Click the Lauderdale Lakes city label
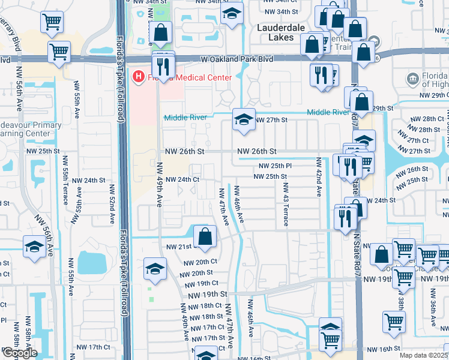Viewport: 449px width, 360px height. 281,32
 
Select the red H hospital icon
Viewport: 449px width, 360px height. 139,77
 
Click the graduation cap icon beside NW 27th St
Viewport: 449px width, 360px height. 243,119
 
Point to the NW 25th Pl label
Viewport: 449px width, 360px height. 275,166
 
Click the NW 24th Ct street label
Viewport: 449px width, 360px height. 182,179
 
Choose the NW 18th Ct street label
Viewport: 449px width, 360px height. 204,306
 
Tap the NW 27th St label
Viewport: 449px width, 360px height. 272,120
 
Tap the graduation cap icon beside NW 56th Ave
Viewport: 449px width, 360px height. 34,247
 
